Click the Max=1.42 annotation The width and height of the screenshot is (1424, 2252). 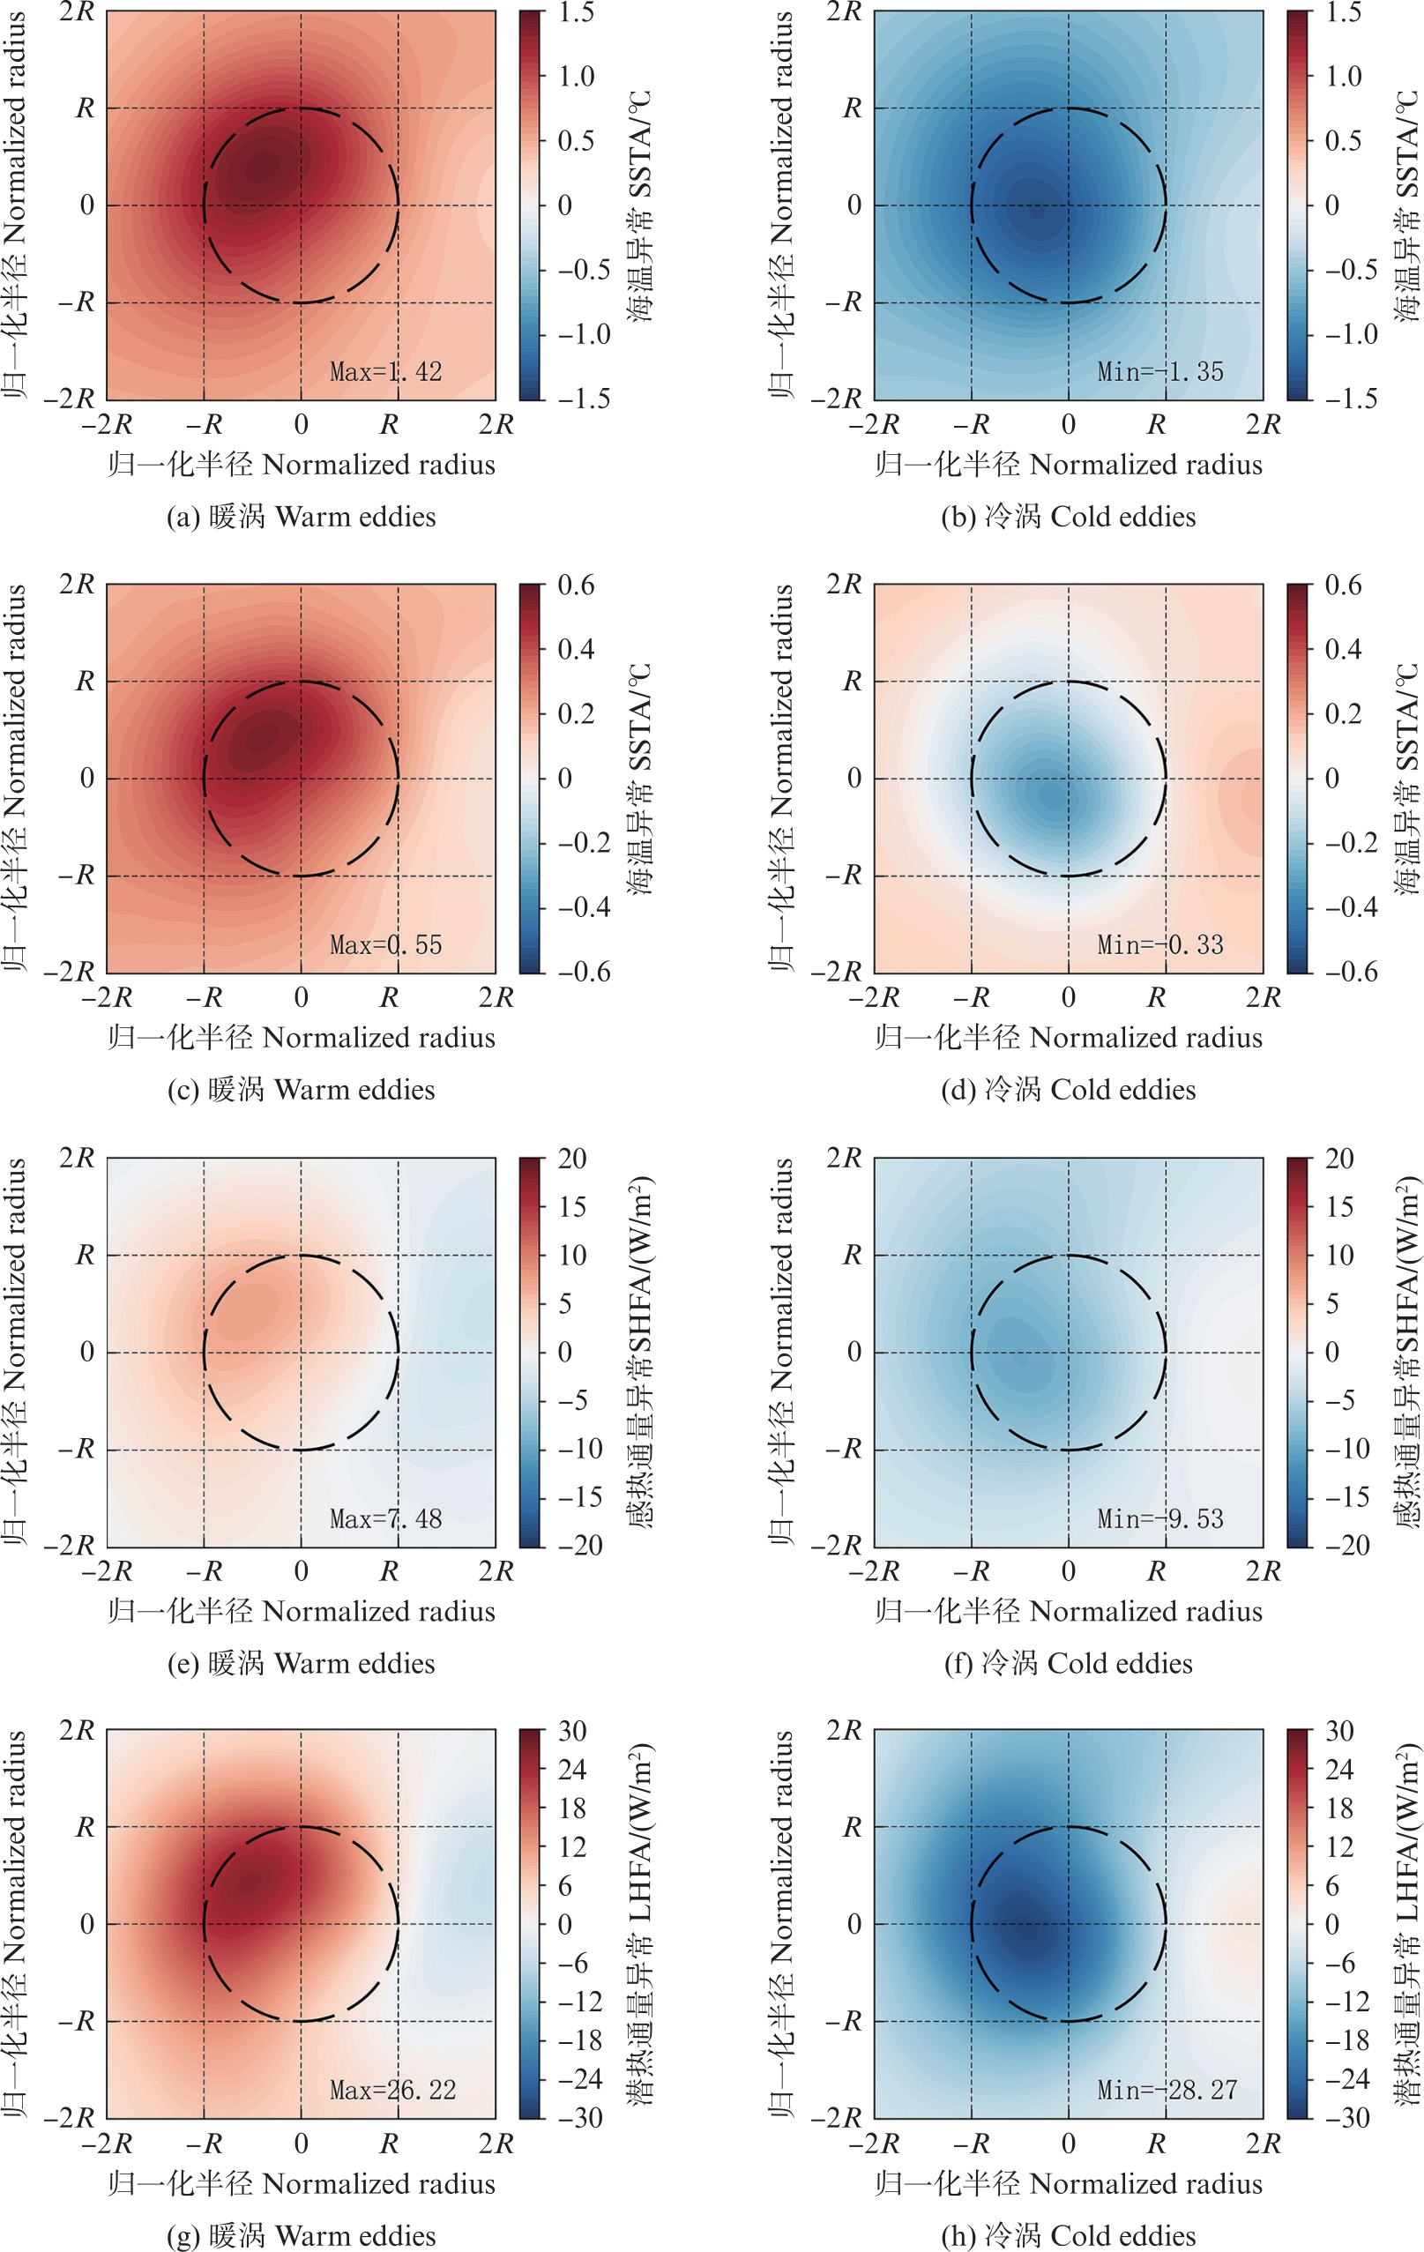tap(385, 372)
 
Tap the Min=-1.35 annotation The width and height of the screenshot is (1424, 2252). tap(1159, 372)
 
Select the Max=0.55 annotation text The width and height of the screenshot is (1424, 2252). tap(385, 945)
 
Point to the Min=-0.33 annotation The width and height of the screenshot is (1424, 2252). tap(1159, 945)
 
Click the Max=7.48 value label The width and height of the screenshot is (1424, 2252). tap(385, 1518)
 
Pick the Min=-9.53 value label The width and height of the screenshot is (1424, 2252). tap(1159, 1518)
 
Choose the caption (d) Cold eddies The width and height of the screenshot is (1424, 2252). tap(1068, 1091)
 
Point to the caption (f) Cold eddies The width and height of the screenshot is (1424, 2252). tap(1068, 1664)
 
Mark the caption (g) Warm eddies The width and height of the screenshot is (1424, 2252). tap(301, 2235)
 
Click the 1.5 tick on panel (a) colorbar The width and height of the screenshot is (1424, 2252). tap(576, 13)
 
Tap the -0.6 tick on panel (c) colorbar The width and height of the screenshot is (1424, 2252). tap(584, 973)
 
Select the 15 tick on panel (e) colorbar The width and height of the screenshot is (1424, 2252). tap(572, 1207)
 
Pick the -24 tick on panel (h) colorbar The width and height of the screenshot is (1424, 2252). tap(1346, 2078)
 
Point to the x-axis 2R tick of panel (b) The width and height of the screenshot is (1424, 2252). tap(1263, 425)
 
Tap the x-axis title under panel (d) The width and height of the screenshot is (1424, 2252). tap(1068, 1038)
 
